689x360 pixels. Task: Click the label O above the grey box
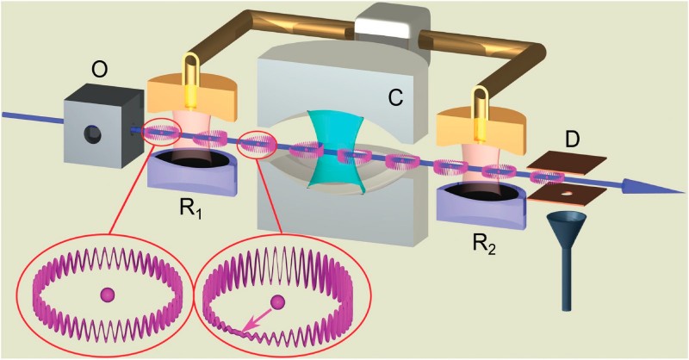[100, 70]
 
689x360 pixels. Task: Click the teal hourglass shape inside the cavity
[337, 150]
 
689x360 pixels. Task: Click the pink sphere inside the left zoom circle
[107, 295]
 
